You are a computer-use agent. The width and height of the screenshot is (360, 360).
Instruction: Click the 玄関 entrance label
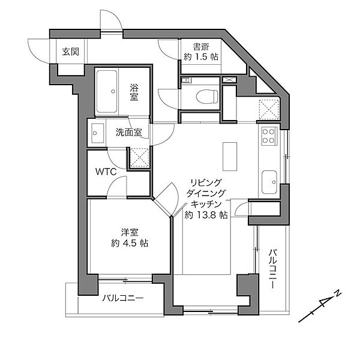70,51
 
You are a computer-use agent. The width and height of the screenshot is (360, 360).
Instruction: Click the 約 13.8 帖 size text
206,214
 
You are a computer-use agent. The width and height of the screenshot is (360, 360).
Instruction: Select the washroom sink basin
95,134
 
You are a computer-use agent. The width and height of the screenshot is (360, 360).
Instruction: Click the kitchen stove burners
268,136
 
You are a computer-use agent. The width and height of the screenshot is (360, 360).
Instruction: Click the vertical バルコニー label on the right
272,269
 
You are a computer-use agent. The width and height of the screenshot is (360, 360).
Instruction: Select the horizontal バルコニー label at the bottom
122,298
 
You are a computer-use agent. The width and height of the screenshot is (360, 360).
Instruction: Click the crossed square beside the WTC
138,158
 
